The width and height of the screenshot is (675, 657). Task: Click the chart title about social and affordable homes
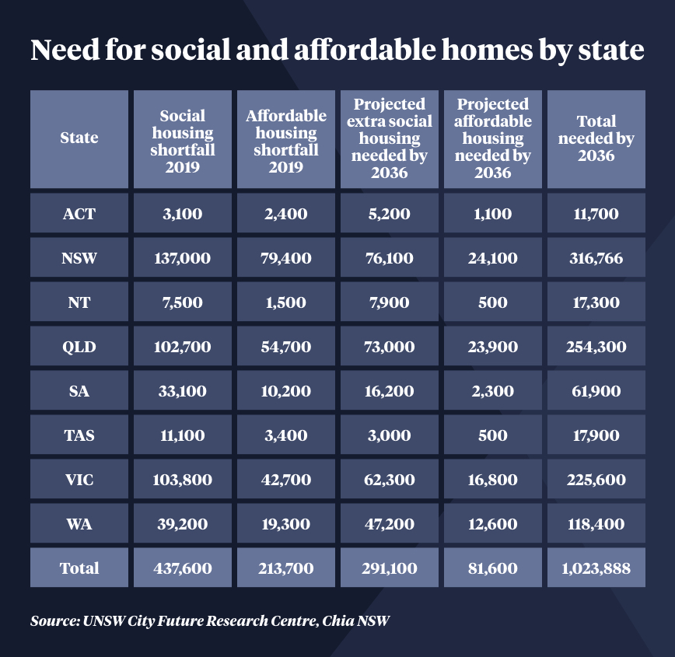(337, 50)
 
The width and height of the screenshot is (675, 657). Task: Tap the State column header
(79, 138)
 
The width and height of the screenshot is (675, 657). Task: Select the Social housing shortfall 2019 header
(183, 138)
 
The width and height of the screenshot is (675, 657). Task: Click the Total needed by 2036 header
(596, 138)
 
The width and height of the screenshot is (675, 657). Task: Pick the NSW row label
(79, 258)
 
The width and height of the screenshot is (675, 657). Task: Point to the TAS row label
(79, 435)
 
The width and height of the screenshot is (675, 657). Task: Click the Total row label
(79, 568)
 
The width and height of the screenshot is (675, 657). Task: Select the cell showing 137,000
(183, 258)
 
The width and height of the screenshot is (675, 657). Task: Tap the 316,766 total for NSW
(596, 258)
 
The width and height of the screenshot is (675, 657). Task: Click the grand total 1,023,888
(596, 568)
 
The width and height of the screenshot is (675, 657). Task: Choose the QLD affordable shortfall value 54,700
(286, 347)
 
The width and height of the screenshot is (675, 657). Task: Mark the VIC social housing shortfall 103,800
(183, 480)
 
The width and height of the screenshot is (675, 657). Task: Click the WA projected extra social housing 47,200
(390, 524)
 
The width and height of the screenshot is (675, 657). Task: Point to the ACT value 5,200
(390, 214)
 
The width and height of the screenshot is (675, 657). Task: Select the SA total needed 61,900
(596, 391)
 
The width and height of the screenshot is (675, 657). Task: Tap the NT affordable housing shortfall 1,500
(286, 302)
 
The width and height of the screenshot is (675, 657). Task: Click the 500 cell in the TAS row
(493, 435)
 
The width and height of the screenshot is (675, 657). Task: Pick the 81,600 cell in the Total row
(493, 568)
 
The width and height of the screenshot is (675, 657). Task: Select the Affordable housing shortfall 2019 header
(286, 138)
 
